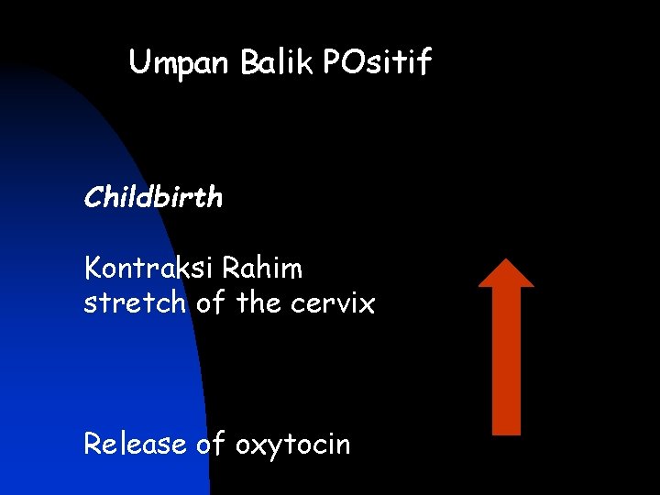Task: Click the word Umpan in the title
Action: (x=181, y=63)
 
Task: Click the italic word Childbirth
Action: (x=153, y=197)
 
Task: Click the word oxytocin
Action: (x=293, y=445)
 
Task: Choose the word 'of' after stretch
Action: (x=207, y=302)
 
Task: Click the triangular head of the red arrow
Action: (x=506, y=274)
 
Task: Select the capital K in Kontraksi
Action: (x=93, y=269)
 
